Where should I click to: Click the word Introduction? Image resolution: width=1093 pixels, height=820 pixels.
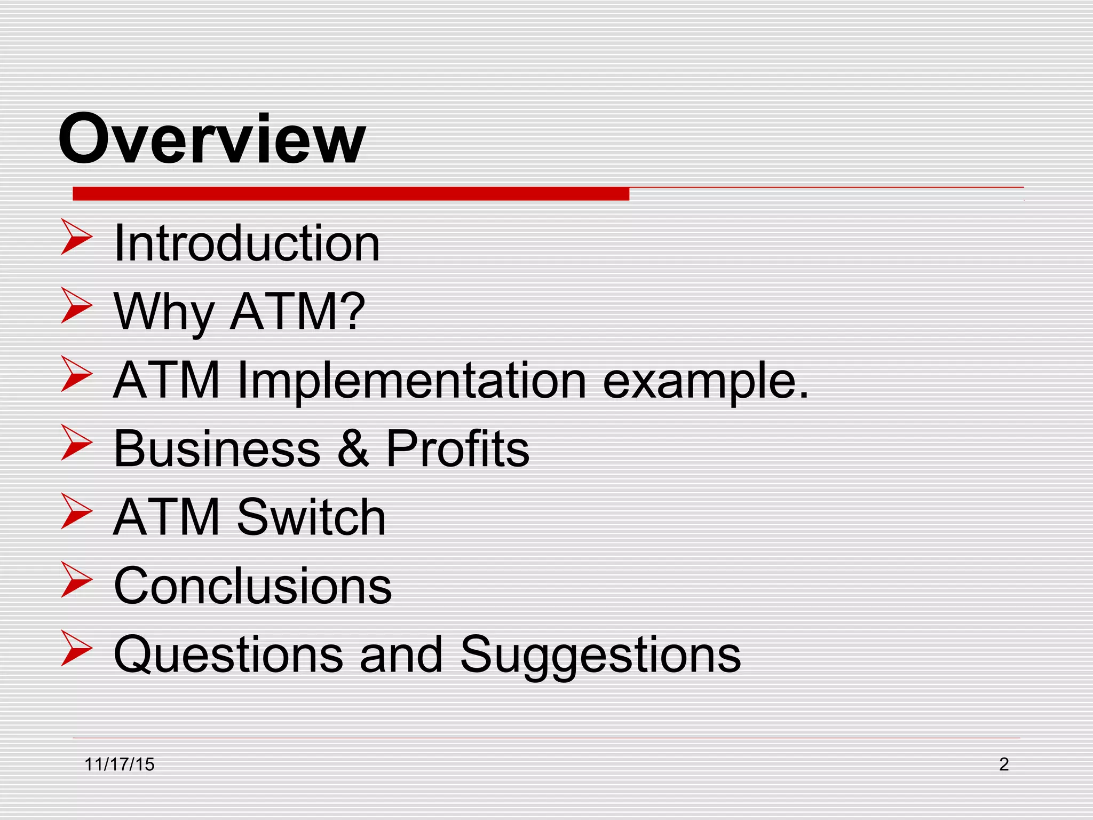click(247, 243)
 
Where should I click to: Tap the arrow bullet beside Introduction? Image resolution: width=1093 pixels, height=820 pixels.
click(76, 236)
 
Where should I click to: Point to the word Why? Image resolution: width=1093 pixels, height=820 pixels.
click(164, 312)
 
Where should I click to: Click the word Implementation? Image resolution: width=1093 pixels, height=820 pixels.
click(411, 380)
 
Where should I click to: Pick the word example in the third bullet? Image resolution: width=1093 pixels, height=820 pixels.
click(704, 381)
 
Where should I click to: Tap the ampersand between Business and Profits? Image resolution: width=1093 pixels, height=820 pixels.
click(353, 448)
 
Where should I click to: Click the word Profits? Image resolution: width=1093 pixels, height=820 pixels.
click(457, 448)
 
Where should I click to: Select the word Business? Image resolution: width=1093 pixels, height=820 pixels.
click(217, 448)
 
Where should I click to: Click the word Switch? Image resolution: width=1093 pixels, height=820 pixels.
click(311, 517)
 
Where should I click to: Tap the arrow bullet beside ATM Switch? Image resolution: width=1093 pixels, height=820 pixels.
click(76, 511)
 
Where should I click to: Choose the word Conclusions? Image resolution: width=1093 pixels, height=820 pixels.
click(252, 586)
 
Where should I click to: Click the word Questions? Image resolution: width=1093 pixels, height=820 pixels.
click(228, 655)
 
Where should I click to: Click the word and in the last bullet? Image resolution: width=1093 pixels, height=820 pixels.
click(401, 655)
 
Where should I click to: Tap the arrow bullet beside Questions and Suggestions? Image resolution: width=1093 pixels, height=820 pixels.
click(76, 648)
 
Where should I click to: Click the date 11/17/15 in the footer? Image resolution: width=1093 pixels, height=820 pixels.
click(120, 764)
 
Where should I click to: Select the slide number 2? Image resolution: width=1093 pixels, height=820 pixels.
click(1003, 764)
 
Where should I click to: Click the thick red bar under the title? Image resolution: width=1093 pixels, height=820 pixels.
click(351, 194)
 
